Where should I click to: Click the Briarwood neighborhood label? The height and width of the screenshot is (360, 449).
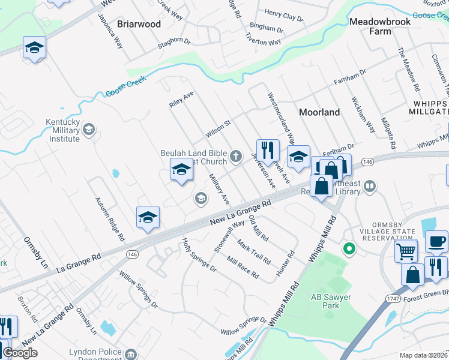139,24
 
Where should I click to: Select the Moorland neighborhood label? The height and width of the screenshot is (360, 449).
319,112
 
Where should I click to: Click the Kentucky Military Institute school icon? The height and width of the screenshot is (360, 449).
89,130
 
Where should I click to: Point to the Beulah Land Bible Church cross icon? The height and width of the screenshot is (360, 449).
237,157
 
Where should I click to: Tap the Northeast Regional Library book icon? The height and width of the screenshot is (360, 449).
370,187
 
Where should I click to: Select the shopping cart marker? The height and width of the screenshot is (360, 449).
406,251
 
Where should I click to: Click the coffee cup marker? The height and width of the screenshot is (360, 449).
436,241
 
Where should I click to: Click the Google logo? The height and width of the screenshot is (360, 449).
20,353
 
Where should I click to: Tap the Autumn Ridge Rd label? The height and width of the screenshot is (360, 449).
110,218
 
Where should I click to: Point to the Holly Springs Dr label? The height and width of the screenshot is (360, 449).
199,255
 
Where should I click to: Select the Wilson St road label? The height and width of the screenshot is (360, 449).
218,127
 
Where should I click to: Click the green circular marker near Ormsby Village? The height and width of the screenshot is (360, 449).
347,248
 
